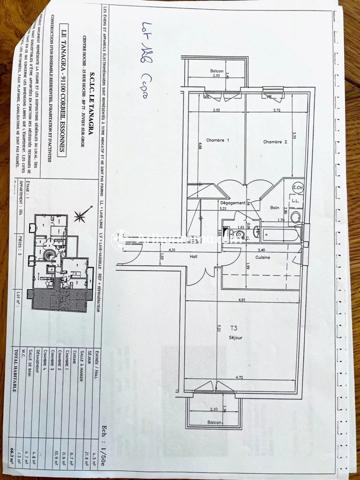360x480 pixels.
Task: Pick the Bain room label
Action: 273,206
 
